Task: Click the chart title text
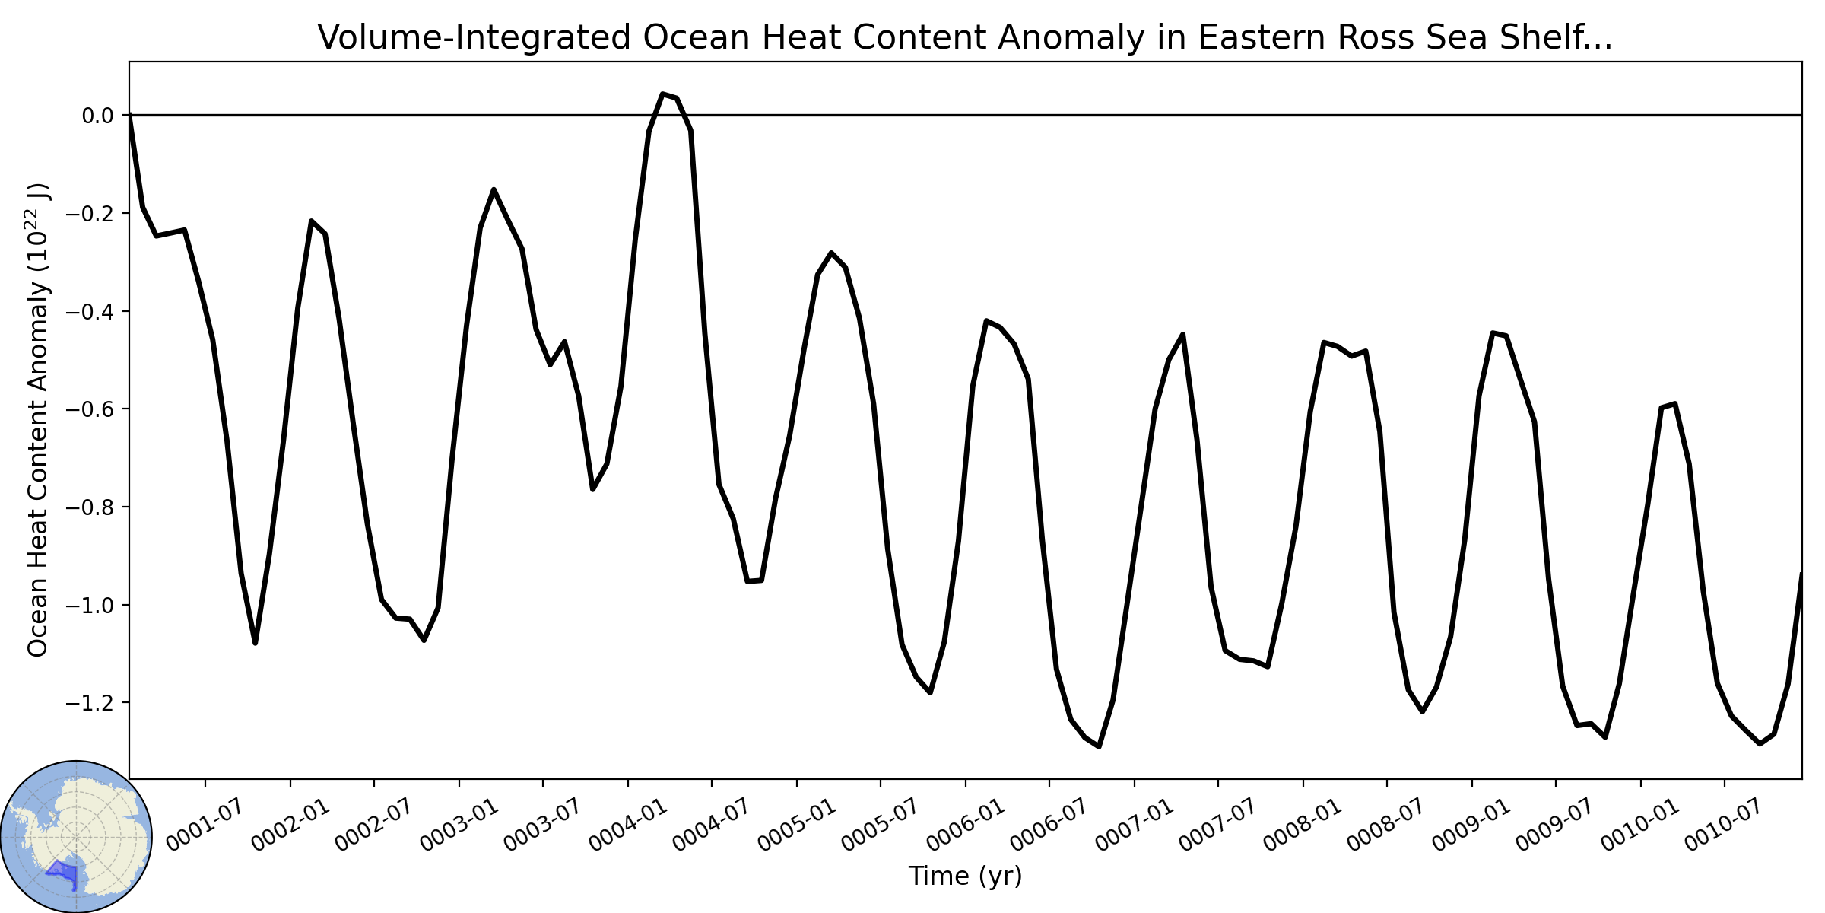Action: (x=965, y=37)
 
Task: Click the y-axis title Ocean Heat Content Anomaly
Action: (x=38, y=420)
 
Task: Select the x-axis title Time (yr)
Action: (x=965, y=876)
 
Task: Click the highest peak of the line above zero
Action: (x=662, y=94)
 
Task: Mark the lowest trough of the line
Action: (x=1099, y=746)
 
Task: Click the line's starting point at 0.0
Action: (x=130, y=116)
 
